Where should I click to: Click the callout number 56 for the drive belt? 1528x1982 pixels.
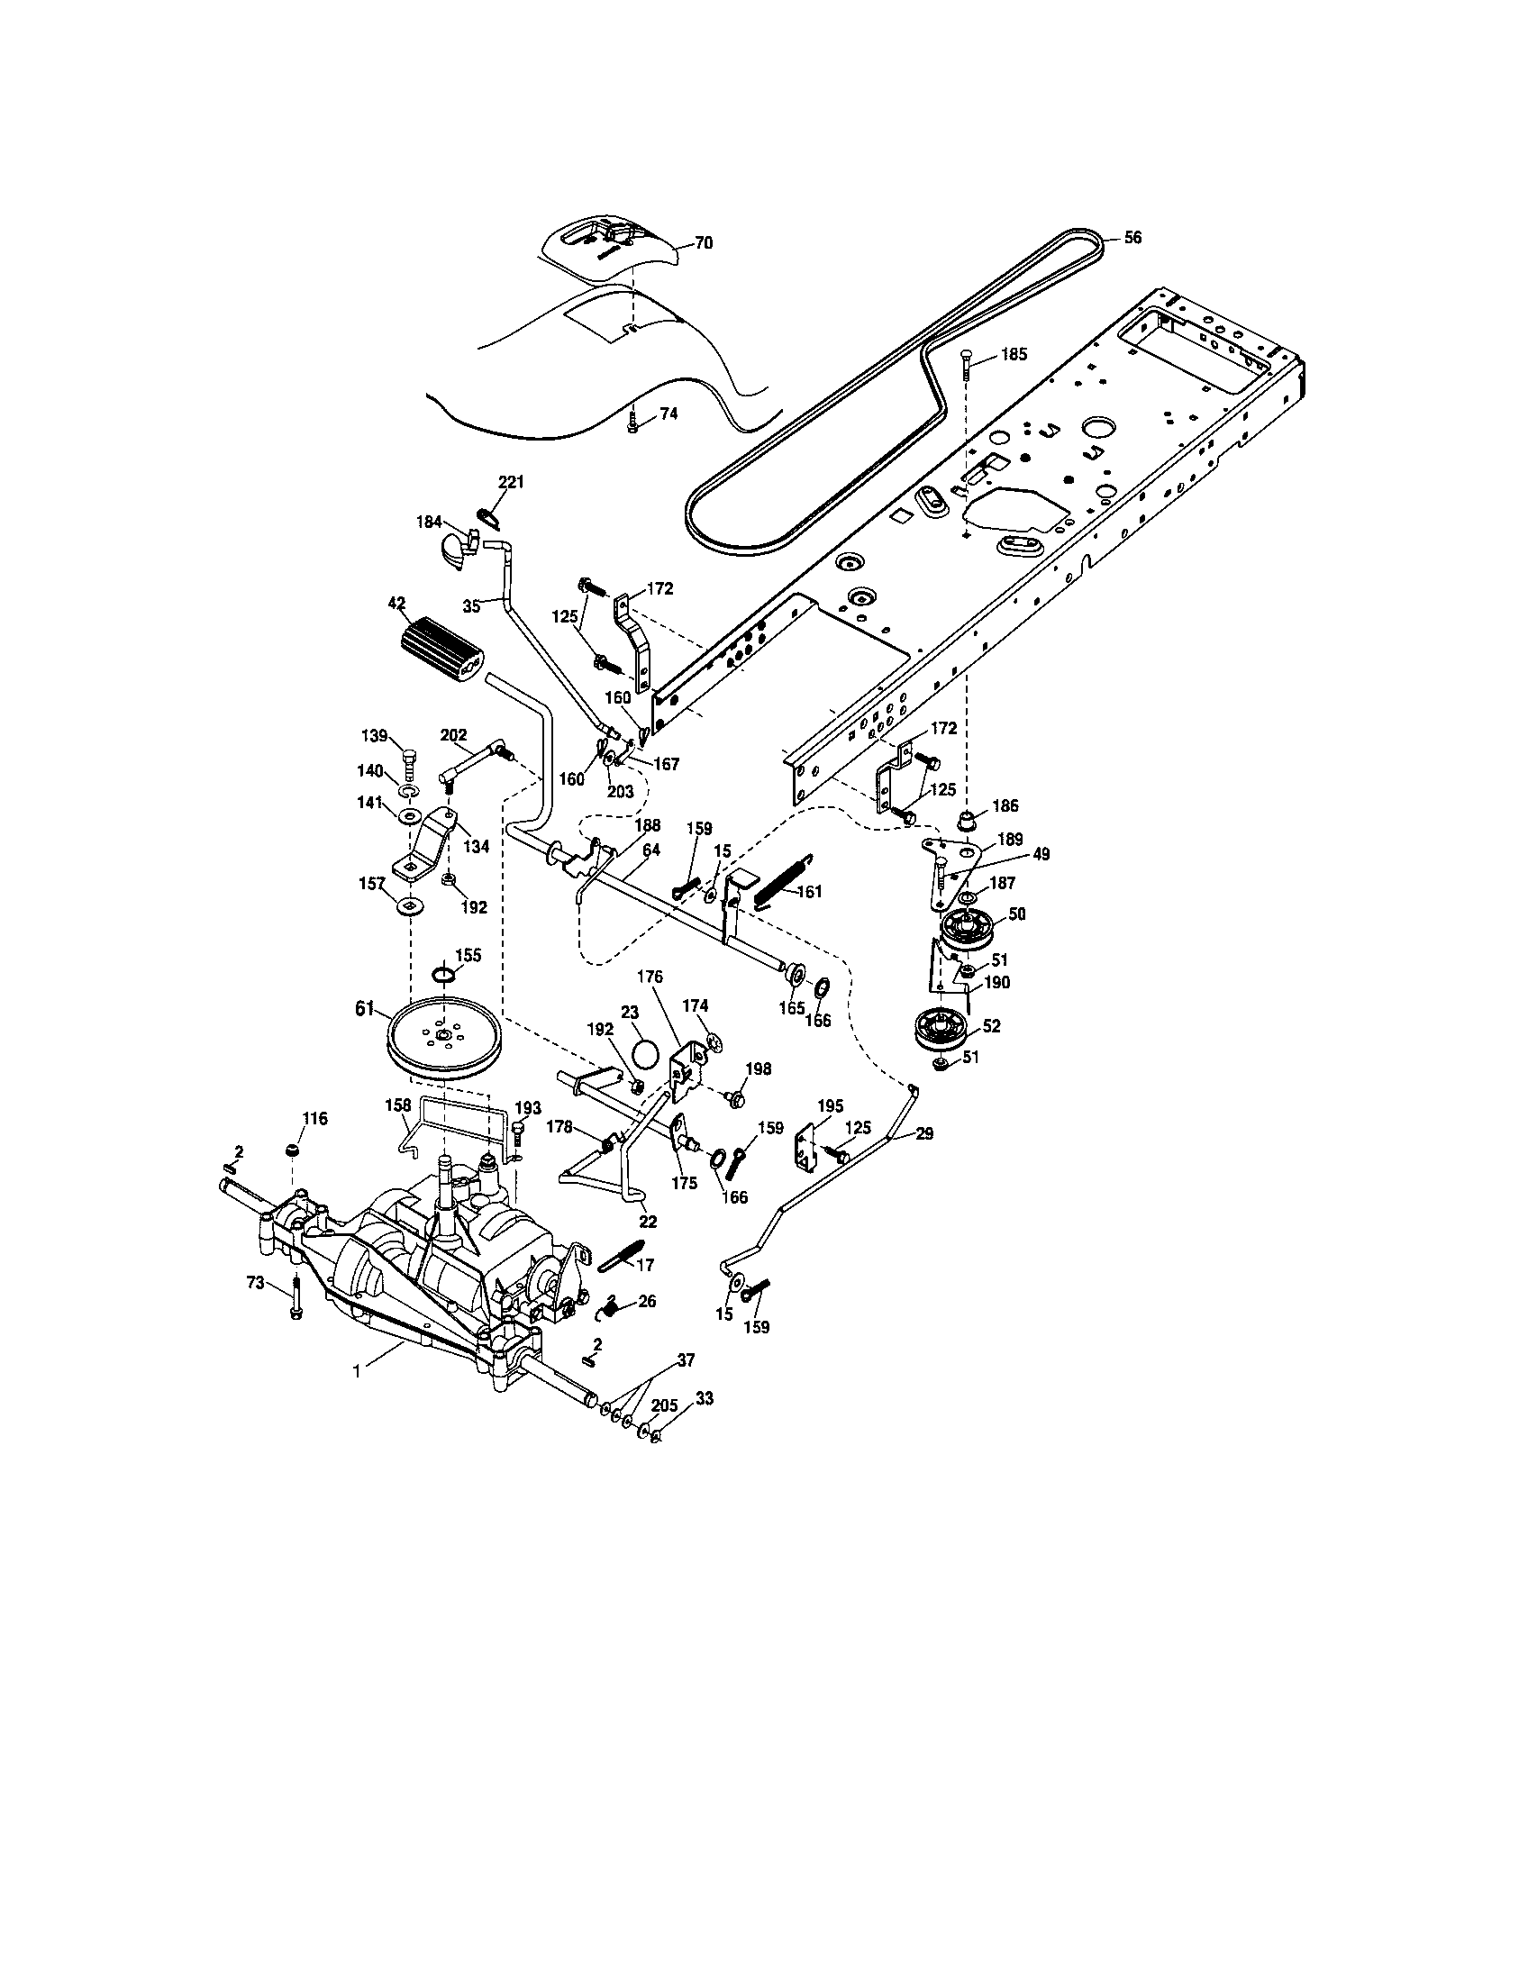pyautogui.click(x=1132, y=238)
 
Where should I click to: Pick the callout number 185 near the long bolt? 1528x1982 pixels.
pyautogui.click(x=1014, y=354)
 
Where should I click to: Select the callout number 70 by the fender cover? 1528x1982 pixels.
pyautogui.click(x=704, y=242)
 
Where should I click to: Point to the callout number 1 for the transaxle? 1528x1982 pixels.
pyautogui.click(x=357, y=1372)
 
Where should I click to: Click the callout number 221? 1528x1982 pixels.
pyautogui.click(x=511, y=482)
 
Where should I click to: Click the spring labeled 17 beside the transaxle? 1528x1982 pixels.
pyautogui.click(x=621, y=1254)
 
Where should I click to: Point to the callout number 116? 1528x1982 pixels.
pyautogui.click(x=314, y=1119)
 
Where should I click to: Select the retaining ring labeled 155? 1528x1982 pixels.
pyautogui.click(x=442, y=975)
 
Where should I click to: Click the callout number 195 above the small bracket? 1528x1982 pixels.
pyautogui.click(x=831, y=1106)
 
